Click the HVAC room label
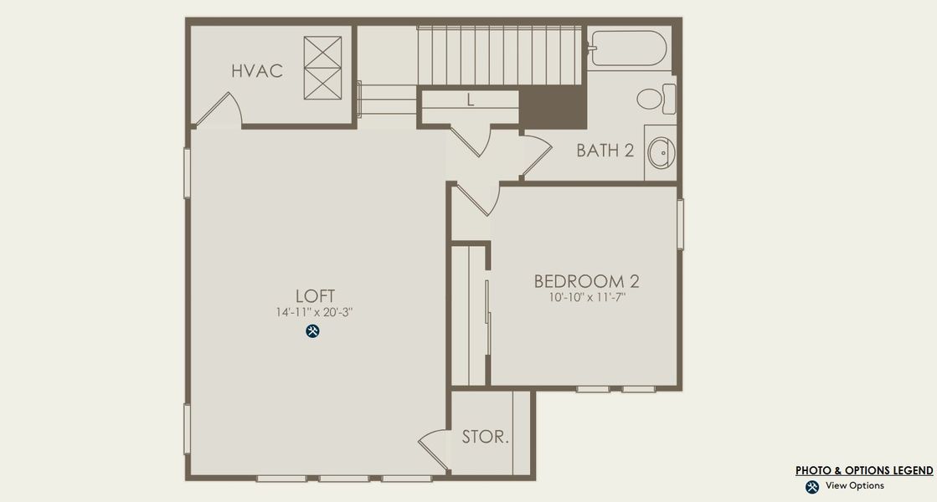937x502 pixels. coord(257,71)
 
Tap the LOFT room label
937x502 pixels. coord(315,295)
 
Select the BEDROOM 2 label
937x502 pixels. coord(592,281)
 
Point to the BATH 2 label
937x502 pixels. coord(605,151)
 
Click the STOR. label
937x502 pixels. coord(485,437)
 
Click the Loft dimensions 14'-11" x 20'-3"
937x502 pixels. coord(315,312)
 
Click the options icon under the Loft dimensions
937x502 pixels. coord(313,331)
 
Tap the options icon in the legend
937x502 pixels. coord(811,487)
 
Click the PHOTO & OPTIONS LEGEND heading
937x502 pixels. coord(864,471)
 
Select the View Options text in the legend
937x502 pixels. coord(854,486)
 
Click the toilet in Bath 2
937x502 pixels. coord(655,100)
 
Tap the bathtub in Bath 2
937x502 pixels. coord(627,48)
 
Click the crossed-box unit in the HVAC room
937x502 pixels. coord(323,69)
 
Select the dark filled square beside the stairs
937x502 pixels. coord(553,108)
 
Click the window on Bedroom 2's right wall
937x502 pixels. coord(681,224)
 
